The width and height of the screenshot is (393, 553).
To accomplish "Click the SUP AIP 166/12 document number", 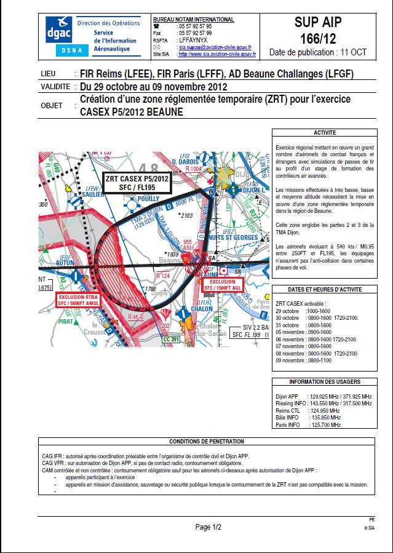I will pos(325,31).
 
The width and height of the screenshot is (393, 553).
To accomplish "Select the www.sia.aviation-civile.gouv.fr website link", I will pos(216,54).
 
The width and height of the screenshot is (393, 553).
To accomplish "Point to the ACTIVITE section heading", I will pos(324,133).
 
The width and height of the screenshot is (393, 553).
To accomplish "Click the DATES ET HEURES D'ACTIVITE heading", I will pos(324,289).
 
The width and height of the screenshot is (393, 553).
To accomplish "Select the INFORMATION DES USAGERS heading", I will pos(324,382).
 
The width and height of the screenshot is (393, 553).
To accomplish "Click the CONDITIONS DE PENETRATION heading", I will pos(206,441).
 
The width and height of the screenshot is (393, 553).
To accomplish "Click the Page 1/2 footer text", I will pos(208,527).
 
